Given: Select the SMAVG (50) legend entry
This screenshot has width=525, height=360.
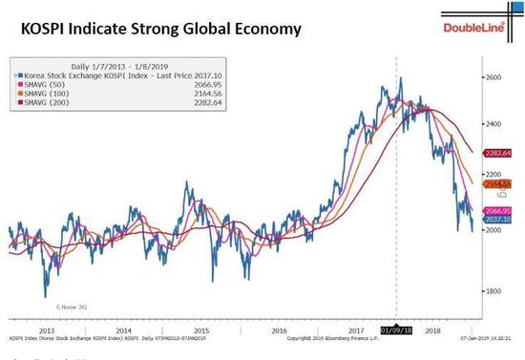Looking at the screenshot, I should tap(48, 83).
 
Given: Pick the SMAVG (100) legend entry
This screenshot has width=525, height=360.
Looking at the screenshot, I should tap(50, 94).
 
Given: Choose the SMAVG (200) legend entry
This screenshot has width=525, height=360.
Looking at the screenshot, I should tap(50, 104).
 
